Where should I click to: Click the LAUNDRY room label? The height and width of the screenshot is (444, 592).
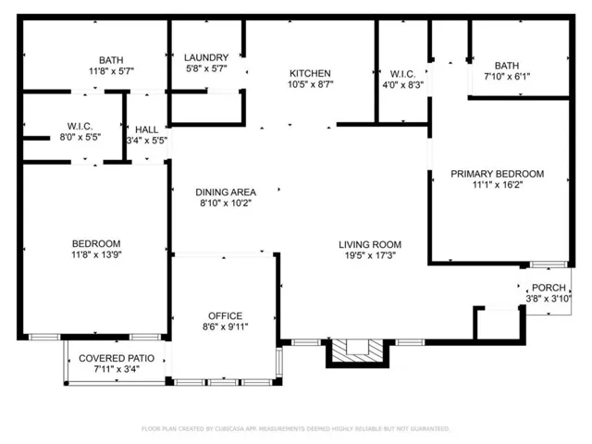(x=206, y=57)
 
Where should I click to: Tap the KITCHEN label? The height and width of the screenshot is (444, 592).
(x=310, y=73)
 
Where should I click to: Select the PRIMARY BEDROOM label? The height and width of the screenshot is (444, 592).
(x=498, y=174)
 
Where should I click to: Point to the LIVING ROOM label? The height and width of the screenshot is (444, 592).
(x=370, y=244)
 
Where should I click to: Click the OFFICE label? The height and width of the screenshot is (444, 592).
(x=226, y=315)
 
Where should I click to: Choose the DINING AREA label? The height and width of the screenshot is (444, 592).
(x=226, y=191)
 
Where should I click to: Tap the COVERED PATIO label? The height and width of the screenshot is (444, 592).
(x=117, y=358)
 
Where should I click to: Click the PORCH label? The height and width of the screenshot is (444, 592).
(x=549, y=288)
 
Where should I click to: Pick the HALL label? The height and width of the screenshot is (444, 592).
(x=146, y=129)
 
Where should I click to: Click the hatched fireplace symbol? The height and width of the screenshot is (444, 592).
(x=357, y=351)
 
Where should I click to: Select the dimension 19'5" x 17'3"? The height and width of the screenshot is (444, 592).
(x=370, y=255)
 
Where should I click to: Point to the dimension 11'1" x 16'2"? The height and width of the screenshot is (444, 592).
(x=498, y=185)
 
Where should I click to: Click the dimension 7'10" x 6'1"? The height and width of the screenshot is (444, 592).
(x=507, y=76)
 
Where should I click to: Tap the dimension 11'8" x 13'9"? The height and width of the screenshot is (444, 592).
(x=96, y=254)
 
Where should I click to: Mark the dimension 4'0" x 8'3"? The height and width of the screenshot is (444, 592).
(x=403, y=84)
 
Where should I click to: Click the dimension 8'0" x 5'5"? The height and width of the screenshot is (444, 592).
(x=80, y=137)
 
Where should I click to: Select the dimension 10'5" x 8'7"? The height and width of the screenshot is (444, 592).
(x=311, y=84)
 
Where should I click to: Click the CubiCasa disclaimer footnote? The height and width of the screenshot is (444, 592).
(x=296, y=428)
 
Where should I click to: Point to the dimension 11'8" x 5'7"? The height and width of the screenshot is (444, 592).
(x=111, y=71)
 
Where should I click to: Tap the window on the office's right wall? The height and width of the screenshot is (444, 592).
(x=278, y=362)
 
